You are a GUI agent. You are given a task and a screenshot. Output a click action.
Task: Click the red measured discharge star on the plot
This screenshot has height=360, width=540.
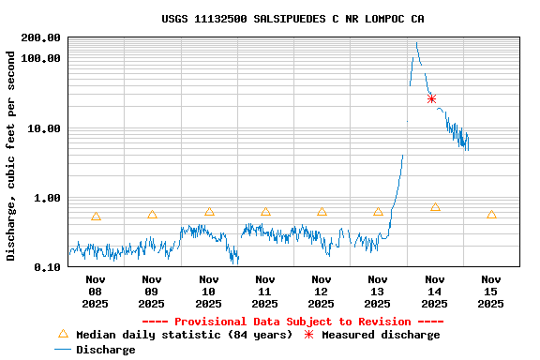pyautogui.click(x=431, y=98)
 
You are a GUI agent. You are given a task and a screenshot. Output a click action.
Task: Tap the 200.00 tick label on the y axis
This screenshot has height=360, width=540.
pyautogui.click(x=41, y=37)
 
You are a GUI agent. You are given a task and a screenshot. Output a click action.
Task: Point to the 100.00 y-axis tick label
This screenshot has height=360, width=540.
pyautogui.click(x=41, y=58)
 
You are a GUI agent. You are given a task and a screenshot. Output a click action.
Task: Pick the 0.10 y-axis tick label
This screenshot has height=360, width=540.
pyautogui.click(x=48, y=268)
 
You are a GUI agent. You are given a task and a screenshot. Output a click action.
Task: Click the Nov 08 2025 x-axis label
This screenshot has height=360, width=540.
pyautogui.click(x=96, y=291)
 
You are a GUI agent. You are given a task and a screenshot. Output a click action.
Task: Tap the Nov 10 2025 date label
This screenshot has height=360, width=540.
pyautogui.click(x=208, y=291)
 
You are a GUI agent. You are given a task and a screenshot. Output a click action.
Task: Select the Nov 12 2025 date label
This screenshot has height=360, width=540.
pyautogui.click(x=322, y=291)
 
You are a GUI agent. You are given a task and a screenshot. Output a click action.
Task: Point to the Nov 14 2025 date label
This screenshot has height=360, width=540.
pyautogui.click(x=434, y=291)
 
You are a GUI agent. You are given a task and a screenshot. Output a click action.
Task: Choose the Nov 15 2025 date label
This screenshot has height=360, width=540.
pyautogui.click(x=491, y=291)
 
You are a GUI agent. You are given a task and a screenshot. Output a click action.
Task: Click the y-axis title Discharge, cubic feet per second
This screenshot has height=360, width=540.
pyautogui.click(x=11, y=156)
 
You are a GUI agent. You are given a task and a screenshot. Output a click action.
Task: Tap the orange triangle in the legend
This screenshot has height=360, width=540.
pyautogui.click(x=64, y=334)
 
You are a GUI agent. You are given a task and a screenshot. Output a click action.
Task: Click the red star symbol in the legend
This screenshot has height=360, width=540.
pyautogui.click(x=307, y=335)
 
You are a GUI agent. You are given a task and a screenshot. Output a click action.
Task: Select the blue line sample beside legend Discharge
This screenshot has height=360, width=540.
pyautogui.click(x=63, y=350)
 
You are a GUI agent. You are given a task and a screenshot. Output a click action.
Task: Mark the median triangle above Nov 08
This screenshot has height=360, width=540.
pyautogui.click(x=96, y=217)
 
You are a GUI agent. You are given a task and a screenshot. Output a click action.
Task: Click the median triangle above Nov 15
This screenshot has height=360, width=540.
pyautogui.click(x=491, y=215)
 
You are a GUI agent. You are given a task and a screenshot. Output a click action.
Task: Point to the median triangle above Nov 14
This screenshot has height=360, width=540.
pyautogui.click(x=435, y=207)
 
